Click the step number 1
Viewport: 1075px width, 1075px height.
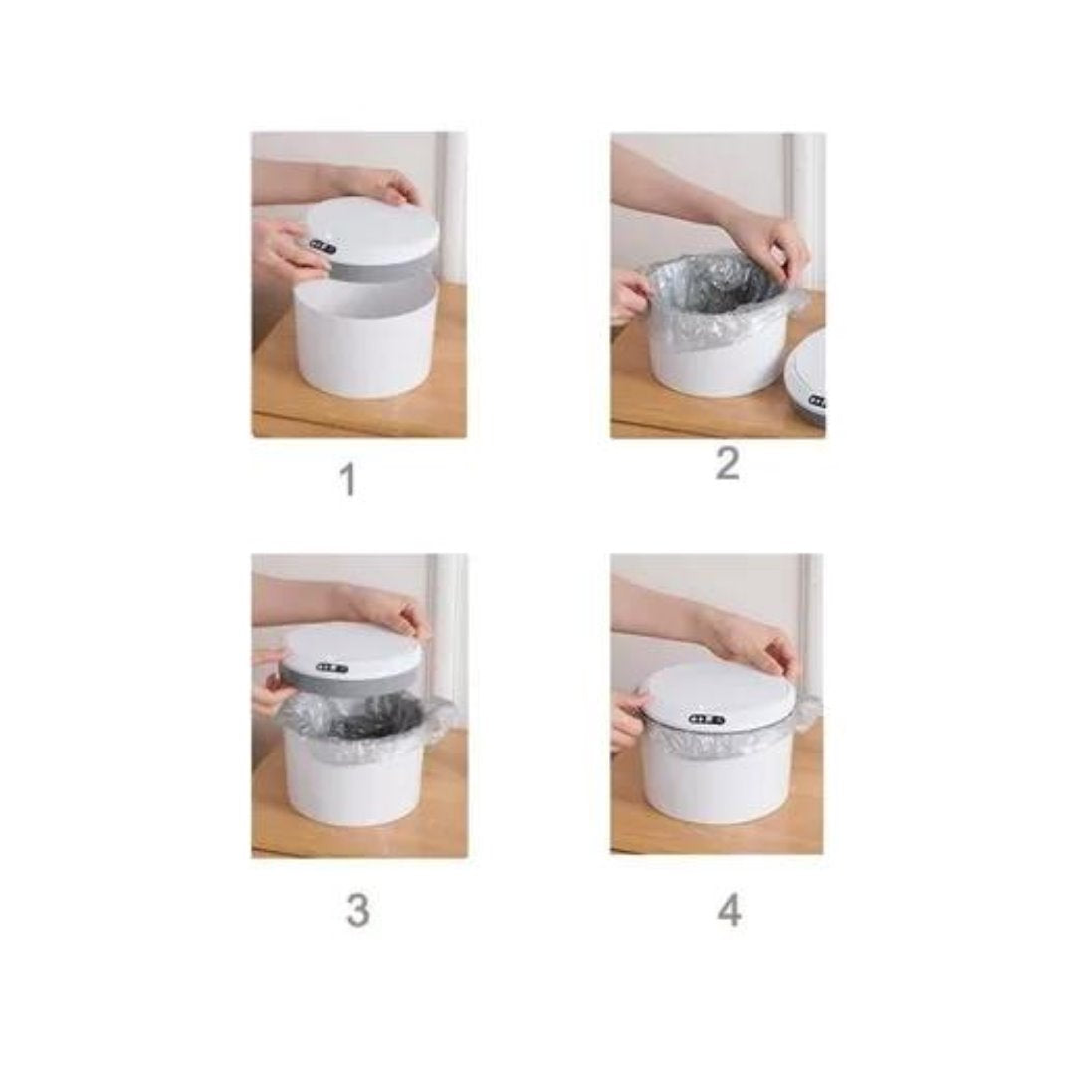click(349, 479)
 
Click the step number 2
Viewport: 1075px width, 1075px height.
click(728, 464)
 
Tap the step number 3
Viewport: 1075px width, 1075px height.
click(358, 911)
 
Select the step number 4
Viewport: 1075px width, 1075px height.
click(729, 911)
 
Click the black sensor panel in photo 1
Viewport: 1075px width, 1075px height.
click(322, 246)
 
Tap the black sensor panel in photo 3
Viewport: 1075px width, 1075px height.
click(332, 668)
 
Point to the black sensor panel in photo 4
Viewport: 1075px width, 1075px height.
click(706, 720)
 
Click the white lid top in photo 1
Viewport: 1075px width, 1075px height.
click(370, 232)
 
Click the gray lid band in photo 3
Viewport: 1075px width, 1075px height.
click(349, 681)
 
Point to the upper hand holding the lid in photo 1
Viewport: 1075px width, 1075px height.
click(384, 184)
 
